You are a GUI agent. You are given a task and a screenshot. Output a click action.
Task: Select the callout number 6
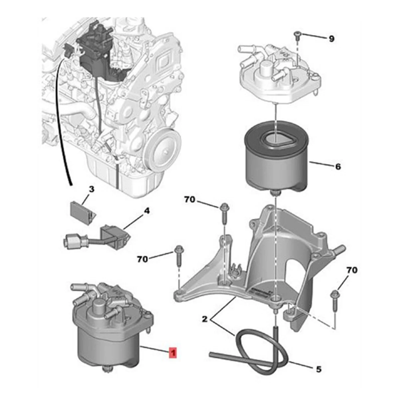[x=338, y=167]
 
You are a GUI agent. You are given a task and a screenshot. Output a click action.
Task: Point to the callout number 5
[x=318, y=368]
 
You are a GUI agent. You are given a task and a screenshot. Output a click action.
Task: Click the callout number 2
[x=205, y=320]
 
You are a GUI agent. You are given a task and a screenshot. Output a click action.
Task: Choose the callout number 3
[x=91, y=190]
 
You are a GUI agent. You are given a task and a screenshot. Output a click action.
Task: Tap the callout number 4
[x=147, y=211]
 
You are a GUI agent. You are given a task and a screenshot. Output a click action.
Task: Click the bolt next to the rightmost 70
[x=334, y=299]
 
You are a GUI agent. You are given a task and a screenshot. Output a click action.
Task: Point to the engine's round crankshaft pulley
[x=163, y=143]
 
